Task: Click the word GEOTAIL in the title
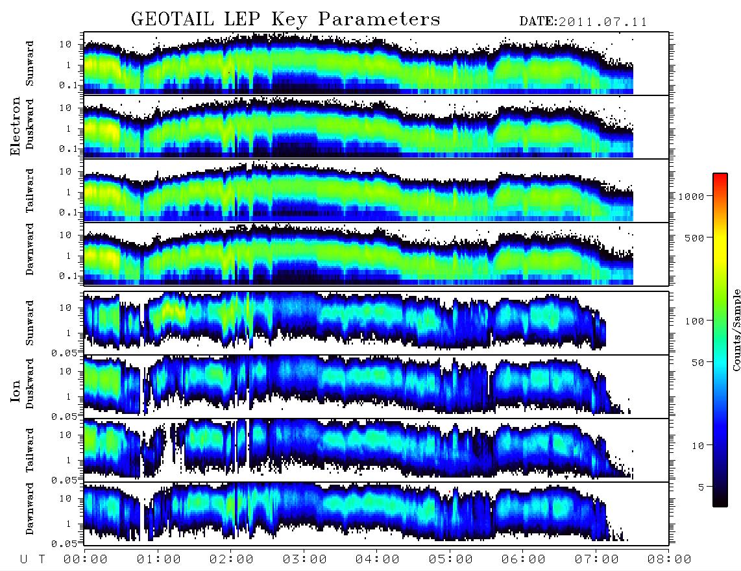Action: [173, 19]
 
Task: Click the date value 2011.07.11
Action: [603, 22]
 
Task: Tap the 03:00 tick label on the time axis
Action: [304, 559]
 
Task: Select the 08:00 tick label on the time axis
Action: [669, 559]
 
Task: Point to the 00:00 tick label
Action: [86, 559]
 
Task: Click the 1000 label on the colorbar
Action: [691, 196]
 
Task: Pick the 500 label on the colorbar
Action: [694, 237]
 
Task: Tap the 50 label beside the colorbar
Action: [698, 363]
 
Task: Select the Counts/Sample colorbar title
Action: [736, 330]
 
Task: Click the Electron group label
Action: [15, 126]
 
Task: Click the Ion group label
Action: [15, 391]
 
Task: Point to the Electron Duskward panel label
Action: [30, 124]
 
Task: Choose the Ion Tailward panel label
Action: [30, 450]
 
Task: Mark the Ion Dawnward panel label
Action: [30, 508]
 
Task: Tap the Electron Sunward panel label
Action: [30, 64]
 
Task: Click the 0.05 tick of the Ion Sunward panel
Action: [66, 352]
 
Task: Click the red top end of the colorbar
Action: [720, 176]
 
